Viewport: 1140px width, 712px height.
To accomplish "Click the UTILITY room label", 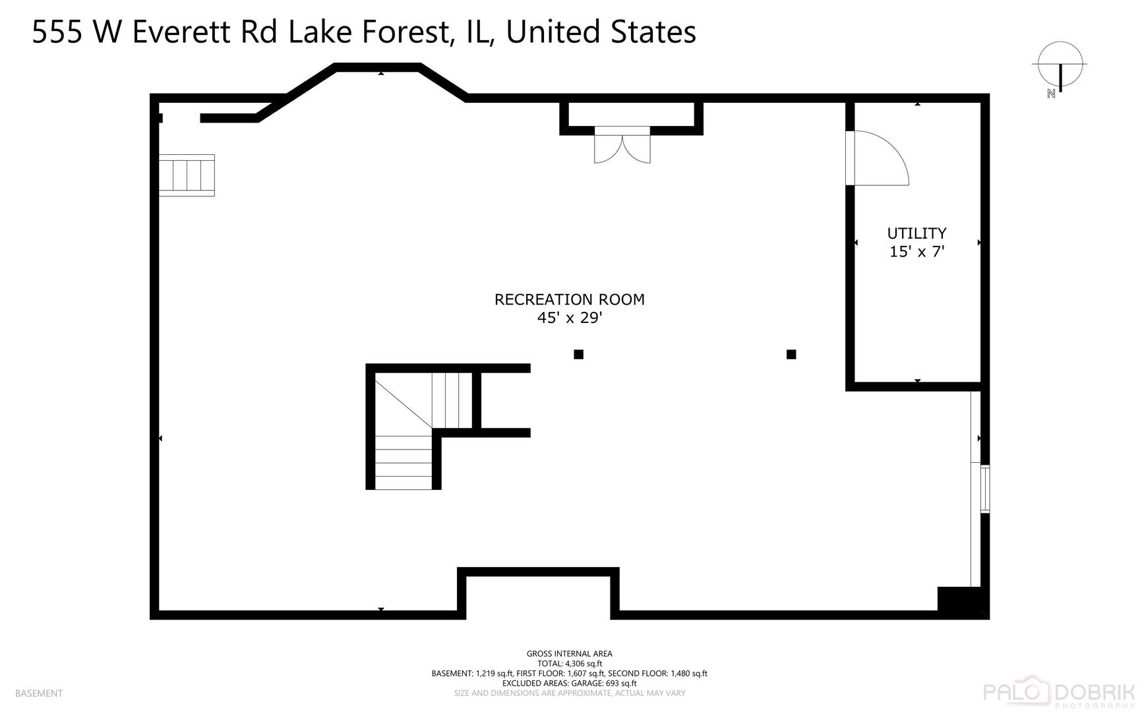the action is click(916, 233).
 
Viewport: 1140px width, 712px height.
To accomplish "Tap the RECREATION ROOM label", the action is click(570, 299).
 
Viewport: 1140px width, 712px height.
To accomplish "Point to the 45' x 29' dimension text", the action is click(570, 318).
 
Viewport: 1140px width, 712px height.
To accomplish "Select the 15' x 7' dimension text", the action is click(917, 251).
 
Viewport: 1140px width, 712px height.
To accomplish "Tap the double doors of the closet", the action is click(622, 145).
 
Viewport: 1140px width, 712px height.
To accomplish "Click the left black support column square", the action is click(578, 355).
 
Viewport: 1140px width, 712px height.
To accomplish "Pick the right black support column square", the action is click(791, 355).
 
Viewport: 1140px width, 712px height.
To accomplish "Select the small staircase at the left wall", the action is click(187, 175).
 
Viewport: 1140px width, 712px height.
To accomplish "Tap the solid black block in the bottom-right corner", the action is click(963, 602).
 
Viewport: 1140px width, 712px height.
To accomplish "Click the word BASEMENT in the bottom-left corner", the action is click(39, 694).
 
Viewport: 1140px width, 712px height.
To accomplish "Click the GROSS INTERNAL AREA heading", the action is click(570, 654).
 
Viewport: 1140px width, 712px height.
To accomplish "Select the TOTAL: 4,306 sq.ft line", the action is click(570, 664).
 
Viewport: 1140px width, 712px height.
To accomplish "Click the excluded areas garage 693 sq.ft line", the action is click(570, 684).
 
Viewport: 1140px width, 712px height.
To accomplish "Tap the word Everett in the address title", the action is click(182, 32).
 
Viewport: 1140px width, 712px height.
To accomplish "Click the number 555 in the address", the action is click(57, 32).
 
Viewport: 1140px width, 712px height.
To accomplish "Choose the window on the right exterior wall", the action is click(985, 489).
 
